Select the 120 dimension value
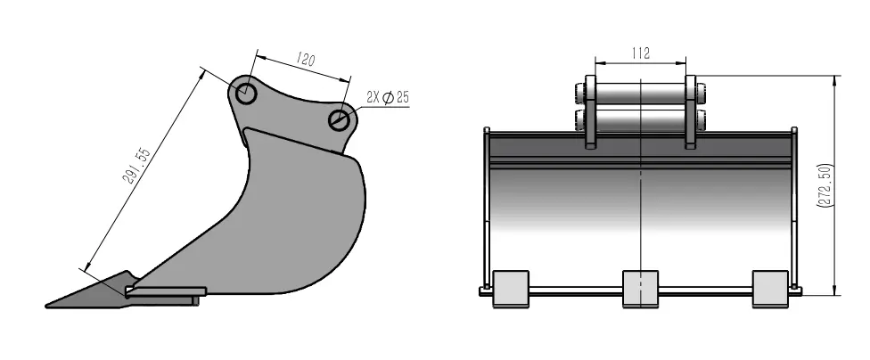point(305,61)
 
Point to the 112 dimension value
point(639,53)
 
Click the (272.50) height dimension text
point(826,185)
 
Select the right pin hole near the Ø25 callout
point(338,120)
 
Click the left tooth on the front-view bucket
point(510,288)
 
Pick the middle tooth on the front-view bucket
point(640,288)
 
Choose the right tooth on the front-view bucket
point(770,288)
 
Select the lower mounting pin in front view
point(640,119)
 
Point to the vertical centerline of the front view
point(641,205)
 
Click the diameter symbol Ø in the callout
point(388,98)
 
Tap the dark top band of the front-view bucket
point(640,147)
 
